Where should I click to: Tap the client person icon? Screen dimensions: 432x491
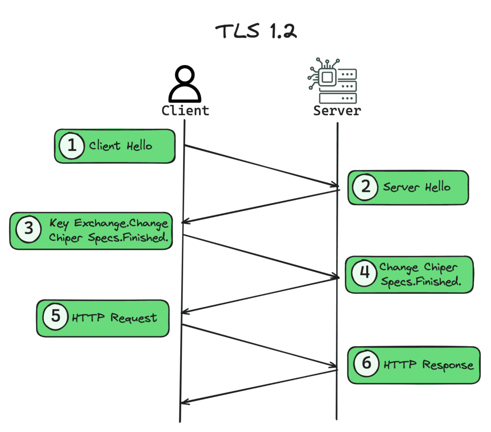tap(185, 84)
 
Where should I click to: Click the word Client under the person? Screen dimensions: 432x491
tap(185, 111)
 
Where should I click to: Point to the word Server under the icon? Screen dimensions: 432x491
tap(337, 111)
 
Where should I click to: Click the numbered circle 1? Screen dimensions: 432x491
tap(71, 145)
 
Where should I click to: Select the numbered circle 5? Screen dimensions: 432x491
tap(55, 317)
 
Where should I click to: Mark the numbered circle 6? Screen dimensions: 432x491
tap(366, 363)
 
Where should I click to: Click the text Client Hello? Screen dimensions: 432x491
tap(120, 146)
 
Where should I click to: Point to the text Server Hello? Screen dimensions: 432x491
tap(416, 187)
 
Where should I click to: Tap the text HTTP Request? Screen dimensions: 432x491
tap(114, 318)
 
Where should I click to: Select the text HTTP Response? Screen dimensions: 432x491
tap(428, 365)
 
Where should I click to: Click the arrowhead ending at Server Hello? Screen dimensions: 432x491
tap(334, 185)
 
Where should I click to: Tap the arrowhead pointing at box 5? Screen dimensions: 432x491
tap(185, 312)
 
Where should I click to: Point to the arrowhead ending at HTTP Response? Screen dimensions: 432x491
tap(334, 367)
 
